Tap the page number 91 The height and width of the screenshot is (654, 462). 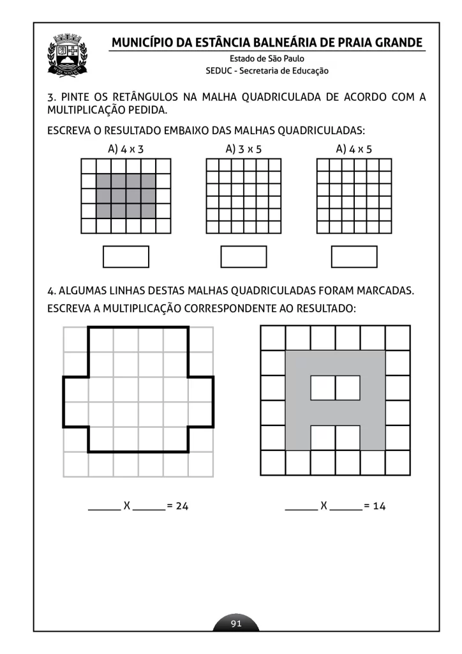pos(236,623)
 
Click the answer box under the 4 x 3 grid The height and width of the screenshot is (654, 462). pos(126,257)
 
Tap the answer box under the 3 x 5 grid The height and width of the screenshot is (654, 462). pos(243,257)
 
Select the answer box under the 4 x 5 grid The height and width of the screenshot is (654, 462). pos(354,257)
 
